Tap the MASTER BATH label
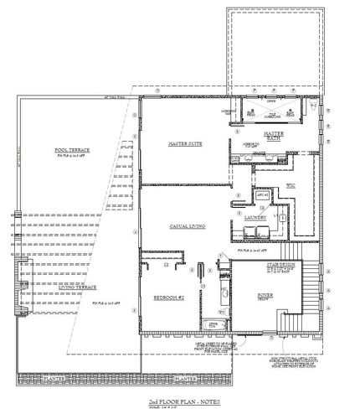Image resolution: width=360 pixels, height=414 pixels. [x=274, y=134]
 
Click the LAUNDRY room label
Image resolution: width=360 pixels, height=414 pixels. [x=255, y=216]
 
